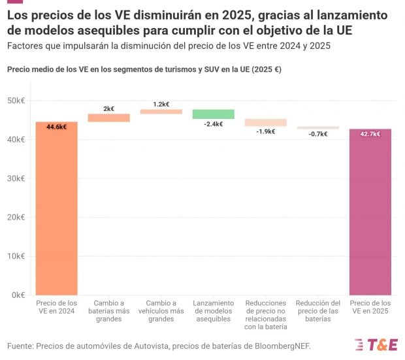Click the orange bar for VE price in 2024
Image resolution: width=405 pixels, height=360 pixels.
[x=57, y=209]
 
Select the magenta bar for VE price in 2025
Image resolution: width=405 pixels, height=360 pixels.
[x=370, y=212]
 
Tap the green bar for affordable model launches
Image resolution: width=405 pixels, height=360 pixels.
[x=214, y=114]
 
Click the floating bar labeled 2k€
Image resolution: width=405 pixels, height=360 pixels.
[x=109, y=118]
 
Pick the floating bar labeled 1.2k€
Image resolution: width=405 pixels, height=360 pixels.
[x=161, y=112]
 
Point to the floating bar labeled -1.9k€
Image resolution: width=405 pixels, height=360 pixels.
[x=266, y=122]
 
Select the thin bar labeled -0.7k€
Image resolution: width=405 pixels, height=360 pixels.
[x=318, y=128]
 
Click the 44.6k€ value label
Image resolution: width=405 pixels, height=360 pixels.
[x=57, y=127]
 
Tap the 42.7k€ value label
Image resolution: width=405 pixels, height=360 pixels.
[x=370, y=134]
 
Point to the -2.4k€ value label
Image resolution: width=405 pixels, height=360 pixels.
[x=214, y=123]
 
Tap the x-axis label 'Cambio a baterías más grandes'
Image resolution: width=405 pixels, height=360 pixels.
[x=109, y=311]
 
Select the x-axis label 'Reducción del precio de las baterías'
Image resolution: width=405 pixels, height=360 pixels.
[x=318, y=311]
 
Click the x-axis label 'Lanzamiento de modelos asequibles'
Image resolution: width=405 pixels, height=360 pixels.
[x=214, y=311]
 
